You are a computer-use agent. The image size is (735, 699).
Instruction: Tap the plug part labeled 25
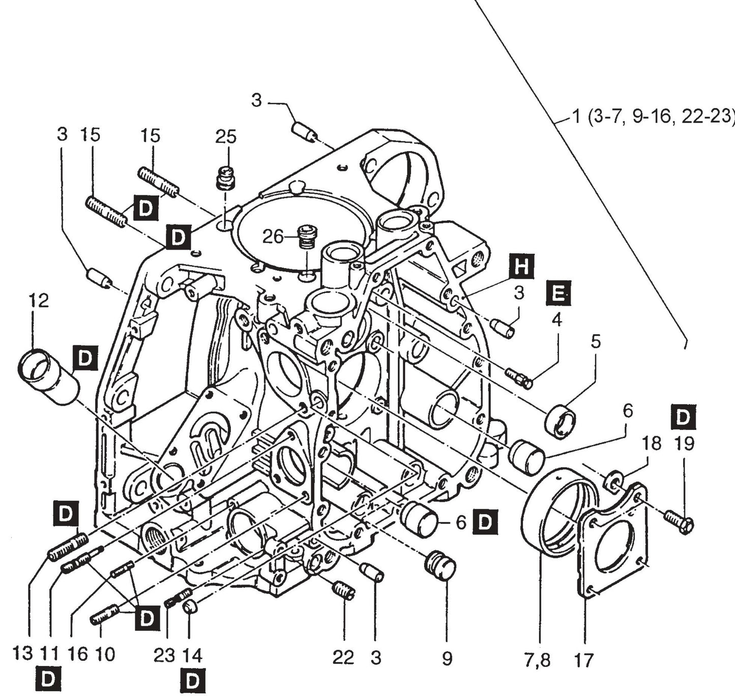coord(225,178)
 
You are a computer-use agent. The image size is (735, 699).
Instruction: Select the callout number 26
coord(274,236)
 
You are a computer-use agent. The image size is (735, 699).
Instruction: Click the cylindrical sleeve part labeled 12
coord(49,376)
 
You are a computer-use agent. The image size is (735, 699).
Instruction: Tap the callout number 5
coord(596,341)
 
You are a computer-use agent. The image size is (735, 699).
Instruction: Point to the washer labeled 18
coord(613,482)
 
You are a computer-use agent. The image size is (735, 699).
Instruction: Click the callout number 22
coord(343,657)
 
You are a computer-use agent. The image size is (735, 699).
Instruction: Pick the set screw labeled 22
coord(344,591)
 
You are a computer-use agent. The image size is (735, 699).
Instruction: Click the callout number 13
coord(22,653)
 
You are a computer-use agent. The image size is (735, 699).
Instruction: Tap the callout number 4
coord(557,321)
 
